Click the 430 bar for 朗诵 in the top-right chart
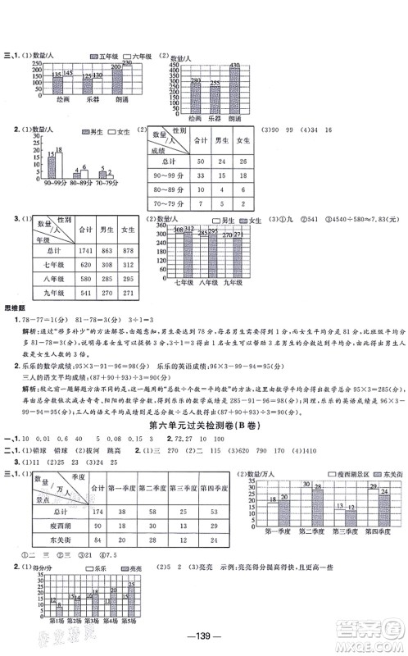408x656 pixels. pos(234,89)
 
